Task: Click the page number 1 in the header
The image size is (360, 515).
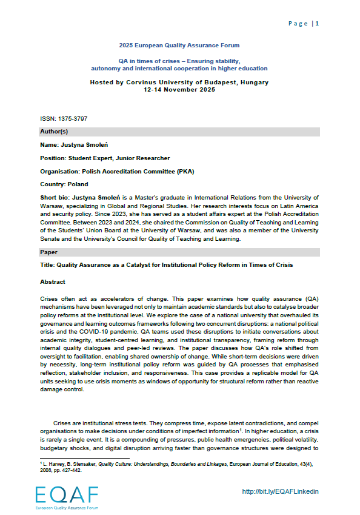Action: [x=317, y=24]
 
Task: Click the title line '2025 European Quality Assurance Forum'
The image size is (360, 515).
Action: [x=179, y=45]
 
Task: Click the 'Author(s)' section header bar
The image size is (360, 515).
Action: [x=179, y=132]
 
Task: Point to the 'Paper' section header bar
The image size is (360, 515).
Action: [x=179, y=251]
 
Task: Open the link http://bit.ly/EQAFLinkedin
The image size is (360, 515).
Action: [x=280, y=491]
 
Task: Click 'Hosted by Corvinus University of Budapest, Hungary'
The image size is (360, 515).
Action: [x=179, y=82]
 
